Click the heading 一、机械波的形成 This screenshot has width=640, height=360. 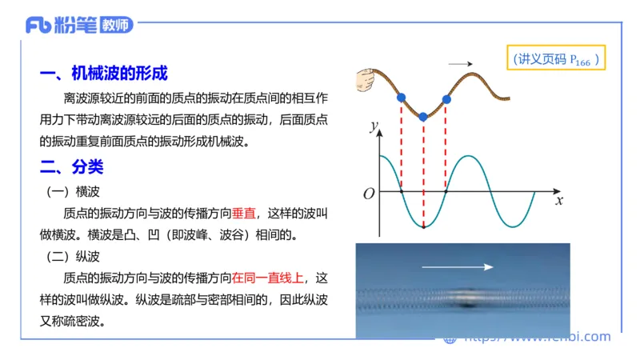point(104,74)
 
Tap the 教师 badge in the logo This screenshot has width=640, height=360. point(117,25)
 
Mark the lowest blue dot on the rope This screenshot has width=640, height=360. point(424,116)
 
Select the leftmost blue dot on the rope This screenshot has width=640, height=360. point(401,98)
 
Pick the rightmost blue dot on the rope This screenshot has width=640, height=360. point(446,99)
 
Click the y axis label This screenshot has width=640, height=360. point(373,126)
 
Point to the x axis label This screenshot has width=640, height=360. point(559,201)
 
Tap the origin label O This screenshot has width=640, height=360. point(369,194)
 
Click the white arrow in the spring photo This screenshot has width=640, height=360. point(458,266)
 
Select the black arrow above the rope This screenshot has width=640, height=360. point(459,64)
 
